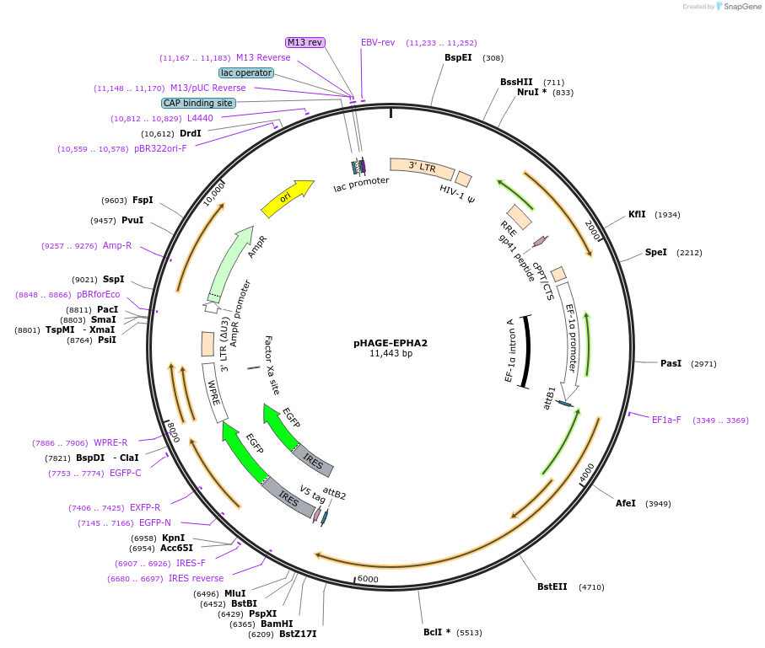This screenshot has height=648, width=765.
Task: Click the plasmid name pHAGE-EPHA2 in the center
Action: click(391, 343)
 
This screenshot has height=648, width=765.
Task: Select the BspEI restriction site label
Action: click(458, 58)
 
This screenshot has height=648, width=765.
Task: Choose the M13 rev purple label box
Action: click(305, 42)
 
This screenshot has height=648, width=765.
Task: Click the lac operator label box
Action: click(246, 72)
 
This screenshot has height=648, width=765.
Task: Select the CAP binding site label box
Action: click(198, 103)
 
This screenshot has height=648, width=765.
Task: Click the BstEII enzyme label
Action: click(552, 586)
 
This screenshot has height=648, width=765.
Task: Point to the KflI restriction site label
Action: click(637, 214)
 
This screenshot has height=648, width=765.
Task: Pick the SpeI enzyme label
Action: click(655, 252)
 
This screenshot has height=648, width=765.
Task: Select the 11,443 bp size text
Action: click(391, 354)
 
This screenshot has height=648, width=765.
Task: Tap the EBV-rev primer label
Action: click(378, 42)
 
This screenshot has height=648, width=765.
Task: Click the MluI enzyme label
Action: click(234, 593)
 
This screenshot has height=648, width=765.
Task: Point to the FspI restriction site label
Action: click(143, 200)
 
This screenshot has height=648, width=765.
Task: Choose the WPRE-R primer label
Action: click(110, 442)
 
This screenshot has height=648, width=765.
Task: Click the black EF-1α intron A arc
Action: click(527, 352)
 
